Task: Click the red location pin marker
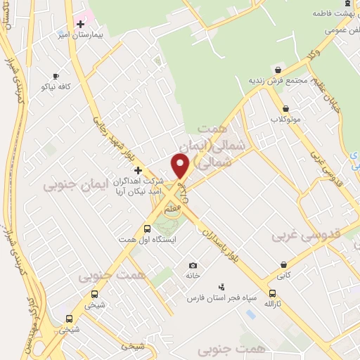point(180,165)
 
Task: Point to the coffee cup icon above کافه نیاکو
point(56,76)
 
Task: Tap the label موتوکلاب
point(285,119)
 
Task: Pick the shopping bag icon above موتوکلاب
point(285,108)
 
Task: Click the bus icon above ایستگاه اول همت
point(148,229)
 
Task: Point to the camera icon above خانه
point(193,265)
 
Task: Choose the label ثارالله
point(273,304)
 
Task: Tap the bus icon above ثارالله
point(272,293)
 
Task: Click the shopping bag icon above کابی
point(283,266)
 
